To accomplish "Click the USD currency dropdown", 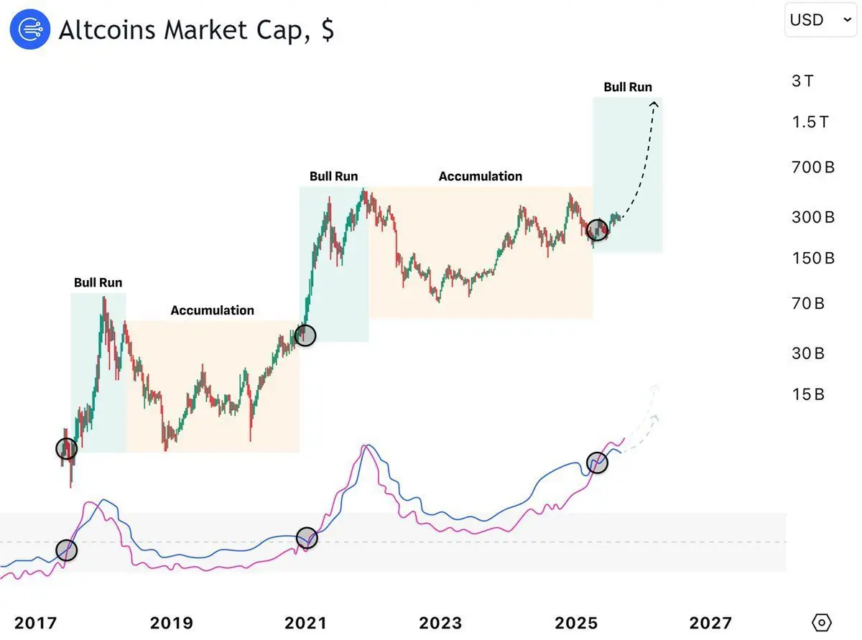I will point(820,19).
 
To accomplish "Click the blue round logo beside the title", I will point(29,29).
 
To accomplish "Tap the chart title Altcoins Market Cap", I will point(196,30).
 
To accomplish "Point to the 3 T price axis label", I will point(802,80).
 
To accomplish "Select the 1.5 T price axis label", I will point(810,122).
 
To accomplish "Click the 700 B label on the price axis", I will point(812,168).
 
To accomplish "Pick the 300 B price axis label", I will point(812,217).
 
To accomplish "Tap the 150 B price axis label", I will point(812,258).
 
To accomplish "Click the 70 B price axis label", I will point(808,304).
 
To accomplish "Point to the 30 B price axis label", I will point(808,353).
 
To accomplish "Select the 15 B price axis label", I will point(808,394).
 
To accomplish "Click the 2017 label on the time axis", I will point(36,623).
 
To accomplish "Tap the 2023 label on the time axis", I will point(442,623).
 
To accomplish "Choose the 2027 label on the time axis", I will point(710,623).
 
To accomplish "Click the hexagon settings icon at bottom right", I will point(822,622).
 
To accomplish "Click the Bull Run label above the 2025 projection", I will point(627,87).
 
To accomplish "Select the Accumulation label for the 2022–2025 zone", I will point(481,176).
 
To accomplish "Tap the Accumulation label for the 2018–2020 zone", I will point(212,310).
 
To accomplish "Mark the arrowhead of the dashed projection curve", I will point(654,105).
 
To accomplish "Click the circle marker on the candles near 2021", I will point(306,335).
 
